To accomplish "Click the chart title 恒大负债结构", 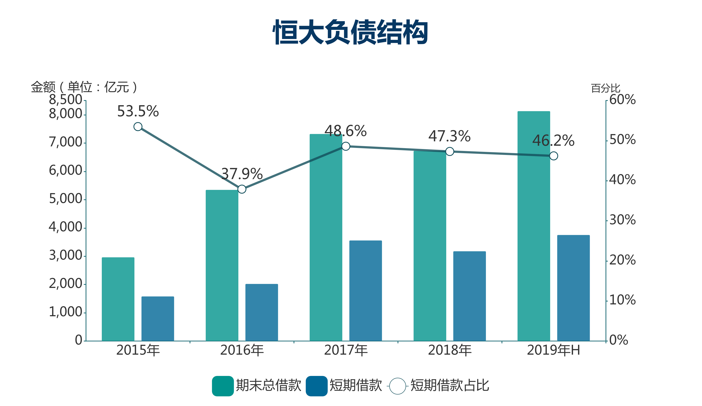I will pyautogui.click(x=350, y=32).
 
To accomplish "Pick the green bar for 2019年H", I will pyautogui.click(x=534, y=226).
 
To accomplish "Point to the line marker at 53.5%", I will pyautogui.click(x=138, y=126).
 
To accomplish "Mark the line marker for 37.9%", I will pyautogui.click(x=242, y=189).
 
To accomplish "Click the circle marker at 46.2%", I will pyautogui.click(x=553, y=156).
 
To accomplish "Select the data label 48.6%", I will pyautogui.click(x=346, y=131).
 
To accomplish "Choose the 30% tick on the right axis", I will pyautogui.click(x=623, y=220).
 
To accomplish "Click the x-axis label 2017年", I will pyautogui.click(x=346, y=350).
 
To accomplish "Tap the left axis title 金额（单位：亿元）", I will pyautogui.click(x=84, y=87).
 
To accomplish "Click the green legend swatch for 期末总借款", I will pyautogui.click(x=223, y=386).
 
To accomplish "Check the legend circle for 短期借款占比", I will pyautogui.click(x=398, y=386).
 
